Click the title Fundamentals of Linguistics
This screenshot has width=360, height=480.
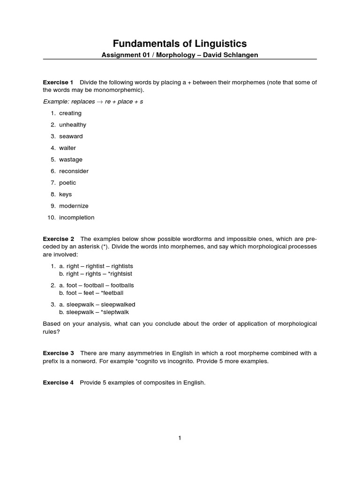pos(180,44)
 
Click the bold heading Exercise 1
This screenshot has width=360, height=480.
pos(58,82)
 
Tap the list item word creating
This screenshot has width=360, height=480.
pos(70,113)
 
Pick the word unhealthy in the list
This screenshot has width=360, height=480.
pos(72,125)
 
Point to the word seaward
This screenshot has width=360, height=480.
pos(70,136)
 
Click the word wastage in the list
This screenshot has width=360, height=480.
pos(70,159)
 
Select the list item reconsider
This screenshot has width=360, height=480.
pos(74,171)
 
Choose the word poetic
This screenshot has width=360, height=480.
pos(67,183)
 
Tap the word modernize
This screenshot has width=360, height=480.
pos(74,206)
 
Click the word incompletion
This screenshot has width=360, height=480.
pos(76,217)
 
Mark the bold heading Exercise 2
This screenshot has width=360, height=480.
pos(58,239)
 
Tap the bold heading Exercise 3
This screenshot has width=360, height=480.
pos(58,353)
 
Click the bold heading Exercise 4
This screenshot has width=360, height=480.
pos(58,382)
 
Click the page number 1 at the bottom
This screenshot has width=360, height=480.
pos(180,438)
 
